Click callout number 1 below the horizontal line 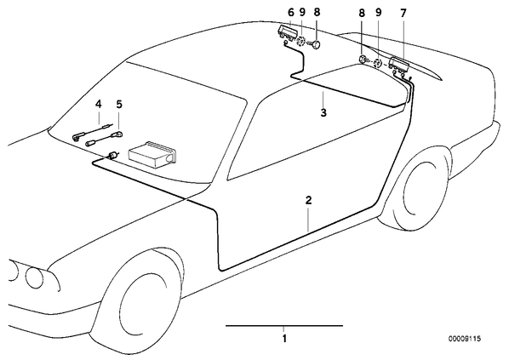point(284,339)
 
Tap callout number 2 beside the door point(308,200)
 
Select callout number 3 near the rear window point(323,112)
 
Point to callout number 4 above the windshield point(99,104)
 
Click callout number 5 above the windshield point(119,104)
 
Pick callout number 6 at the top point(290,13)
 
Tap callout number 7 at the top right point(403,14)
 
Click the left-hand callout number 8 point(317,12)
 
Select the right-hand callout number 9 point(378,13)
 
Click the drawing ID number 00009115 point(465,339)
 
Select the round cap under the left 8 point(316,44)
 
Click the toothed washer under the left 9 point(301,42)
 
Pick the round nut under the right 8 point(363,60)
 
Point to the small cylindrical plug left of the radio point(112,155)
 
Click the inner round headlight point(34,277)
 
